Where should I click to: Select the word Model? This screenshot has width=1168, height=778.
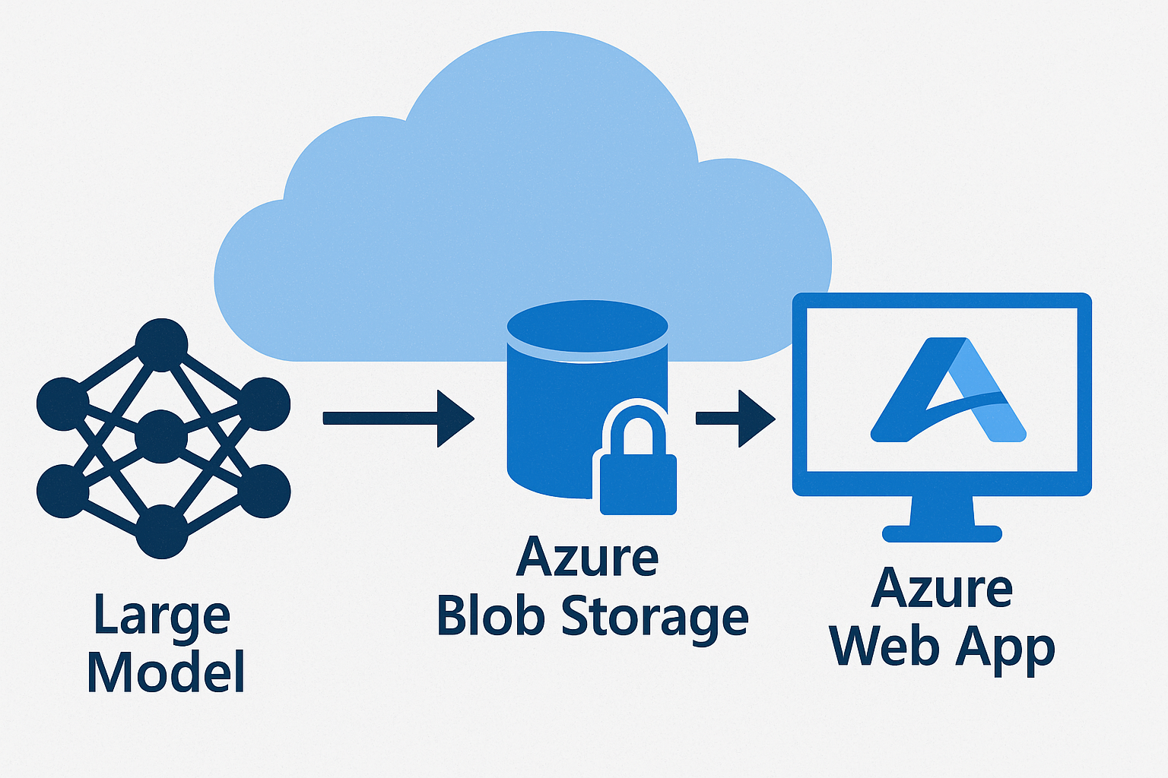pyautogui.click(x=166, y=672)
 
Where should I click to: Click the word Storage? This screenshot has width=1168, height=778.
pyautogui.click(x=655, y=617)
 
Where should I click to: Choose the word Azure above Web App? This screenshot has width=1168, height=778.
pyautogui.click(x=942, y=589)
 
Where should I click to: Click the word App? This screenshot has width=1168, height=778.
pyautogui.click(x=1006, y=650)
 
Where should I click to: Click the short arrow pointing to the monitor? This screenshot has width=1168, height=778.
pyautogui.click(x=735, y=418)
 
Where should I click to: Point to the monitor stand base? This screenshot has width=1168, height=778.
pyautogui.click(x=942, y=533)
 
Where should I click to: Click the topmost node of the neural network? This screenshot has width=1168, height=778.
pyautogui.click(x=161, y=345)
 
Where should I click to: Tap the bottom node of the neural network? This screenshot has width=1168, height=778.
pyautogui.click(x=161, y=532)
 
